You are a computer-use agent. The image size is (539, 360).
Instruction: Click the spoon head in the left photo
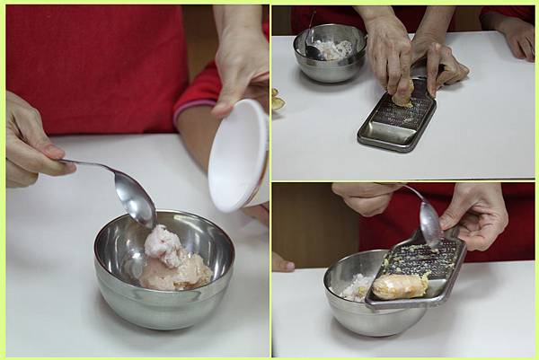tap(136, 198)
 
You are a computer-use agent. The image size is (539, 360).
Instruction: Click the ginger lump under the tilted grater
tap(401, 286)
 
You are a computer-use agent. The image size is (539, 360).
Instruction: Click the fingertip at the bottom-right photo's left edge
tap(281, 263)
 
